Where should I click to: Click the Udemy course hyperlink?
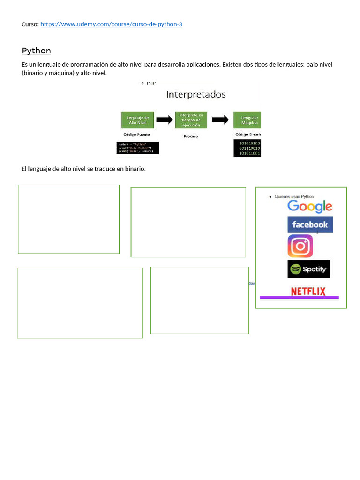coord(111,24)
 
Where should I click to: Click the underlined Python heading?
coord(36,51)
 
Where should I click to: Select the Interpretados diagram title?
coord(196,94)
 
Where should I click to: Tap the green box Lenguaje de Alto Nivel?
coord(138,120)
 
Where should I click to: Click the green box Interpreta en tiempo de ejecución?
coord(191,120)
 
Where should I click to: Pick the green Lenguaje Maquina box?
coord(247,120)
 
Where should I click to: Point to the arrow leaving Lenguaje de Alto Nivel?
coord(165,120)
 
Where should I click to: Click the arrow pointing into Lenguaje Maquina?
coord(220,120)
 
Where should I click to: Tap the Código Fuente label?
coord(137,135)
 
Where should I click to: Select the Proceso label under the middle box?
coord(191,136)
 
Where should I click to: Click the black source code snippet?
coord(138,148)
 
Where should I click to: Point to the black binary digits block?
coord(247,148)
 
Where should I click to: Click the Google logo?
coord(310,206)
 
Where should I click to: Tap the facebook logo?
coord(310,225)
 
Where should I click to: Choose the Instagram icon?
coord(300,246)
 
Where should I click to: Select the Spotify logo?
coord(308,269)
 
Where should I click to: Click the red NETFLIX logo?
coord(308,291)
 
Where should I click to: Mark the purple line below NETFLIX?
coord(299,298)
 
